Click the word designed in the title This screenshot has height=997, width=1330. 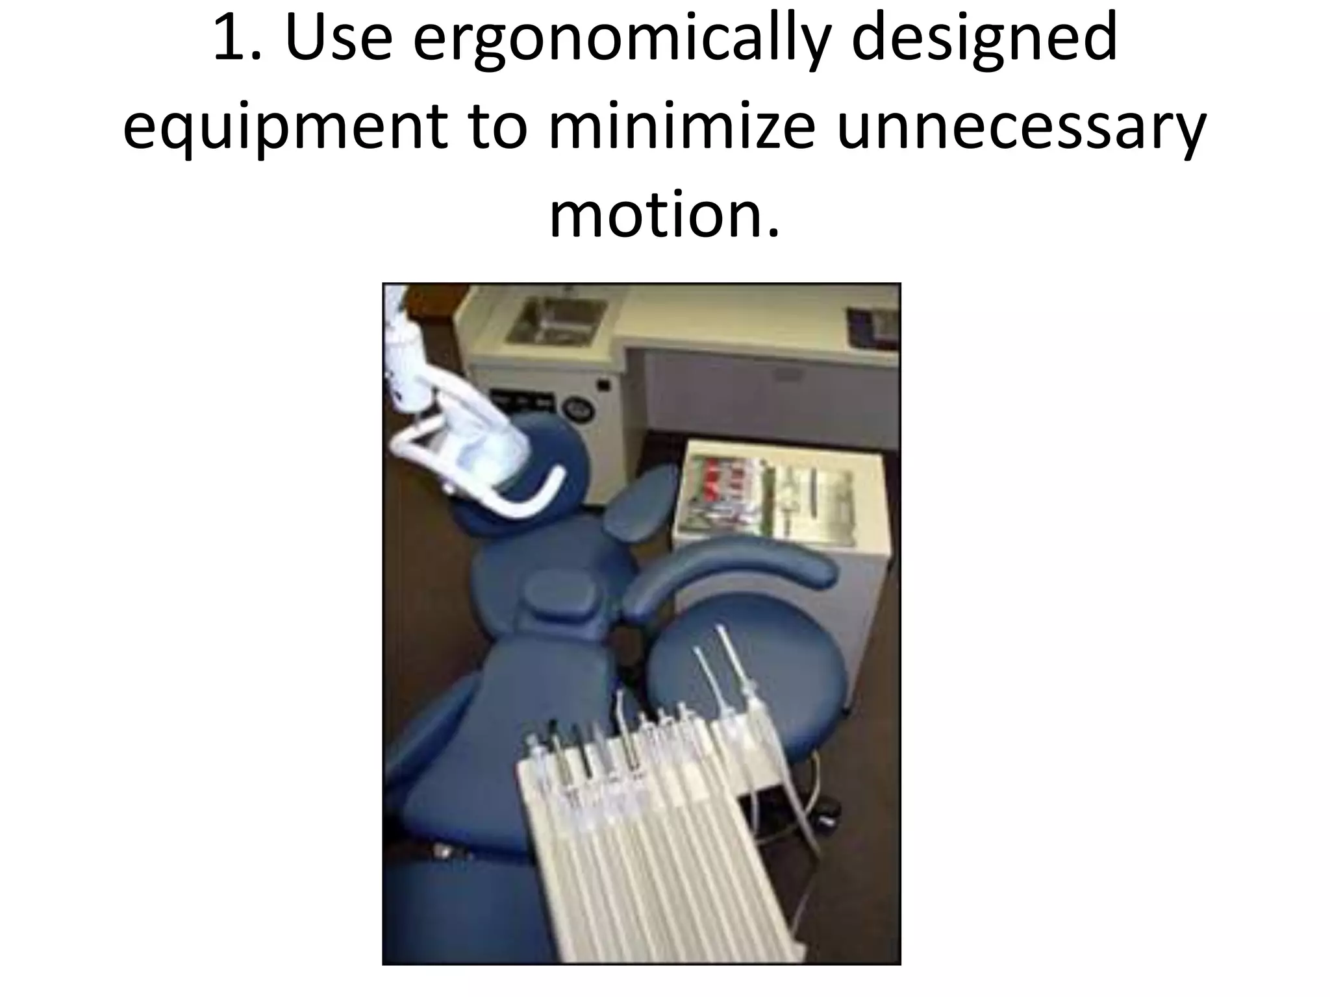(985, 40)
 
